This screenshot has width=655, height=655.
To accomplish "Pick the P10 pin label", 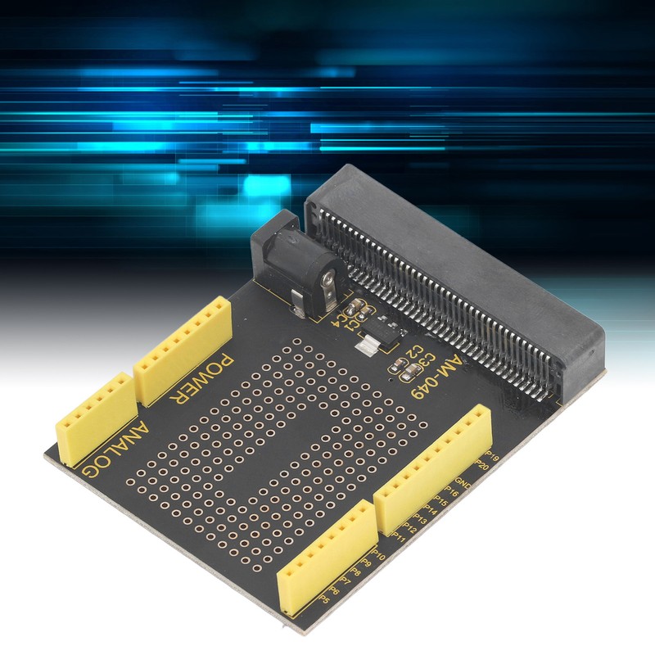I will [x=378, y=558].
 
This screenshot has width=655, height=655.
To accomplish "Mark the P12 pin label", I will [x=411, y=528].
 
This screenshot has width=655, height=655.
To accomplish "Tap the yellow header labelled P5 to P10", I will [x=327, y=556].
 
